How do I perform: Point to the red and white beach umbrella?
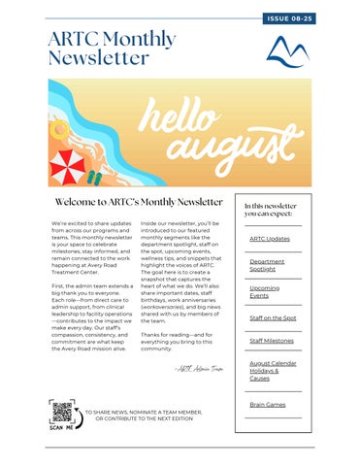click(x=68, y=166)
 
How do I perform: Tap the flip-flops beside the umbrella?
click(x=93, y=178)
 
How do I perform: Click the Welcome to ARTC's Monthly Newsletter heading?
click(x=139, y=202)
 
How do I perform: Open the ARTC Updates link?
click(x=269, y=239)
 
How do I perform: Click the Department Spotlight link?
click(x=267, y=265)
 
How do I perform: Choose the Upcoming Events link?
click(x=264, y=292)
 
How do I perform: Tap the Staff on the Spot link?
click(x=273, y=317)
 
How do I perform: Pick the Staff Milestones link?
click(x=272, y=341)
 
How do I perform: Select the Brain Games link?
click(x=267, y=404)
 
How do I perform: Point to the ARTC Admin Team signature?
click(x=201, y=369)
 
